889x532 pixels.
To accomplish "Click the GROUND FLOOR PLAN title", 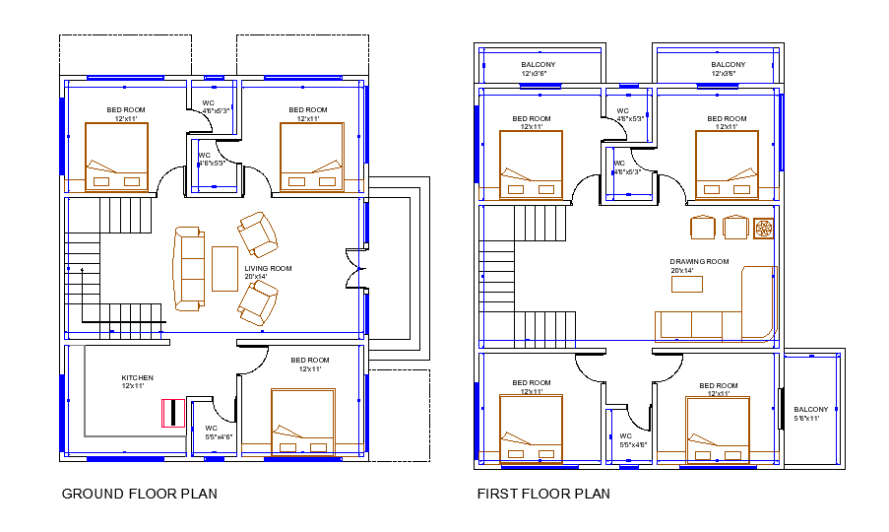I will tap(139, 494).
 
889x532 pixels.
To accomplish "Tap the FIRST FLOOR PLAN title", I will tap(542, 494).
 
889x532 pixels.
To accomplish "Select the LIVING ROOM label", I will tap(268, 272).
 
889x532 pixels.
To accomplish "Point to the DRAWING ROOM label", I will tap(699, 265).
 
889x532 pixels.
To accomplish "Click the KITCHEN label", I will tap(137, 381).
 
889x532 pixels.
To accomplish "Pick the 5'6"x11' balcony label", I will tap(811, 413).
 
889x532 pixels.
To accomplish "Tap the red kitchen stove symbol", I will tap(173, 413).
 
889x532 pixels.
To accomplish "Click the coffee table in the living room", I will tap(224, 268).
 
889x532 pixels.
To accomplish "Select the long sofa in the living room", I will tap(188, 268).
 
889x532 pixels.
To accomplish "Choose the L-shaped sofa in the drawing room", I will tap(716, 310).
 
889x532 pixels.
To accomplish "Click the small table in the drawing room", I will tap(687, 284).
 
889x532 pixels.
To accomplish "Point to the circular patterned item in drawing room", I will tap(764, 228).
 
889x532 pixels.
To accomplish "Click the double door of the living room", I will tap(354, 269).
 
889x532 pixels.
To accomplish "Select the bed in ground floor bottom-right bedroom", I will tap(303, 422).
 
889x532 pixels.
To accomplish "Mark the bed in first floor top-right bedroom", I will tap(727, 164).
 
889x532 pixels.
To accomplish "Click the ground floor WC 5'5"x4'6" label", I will tap(219, 432).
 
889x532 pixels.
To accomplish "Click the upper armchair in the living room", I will tap(258, 233).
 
